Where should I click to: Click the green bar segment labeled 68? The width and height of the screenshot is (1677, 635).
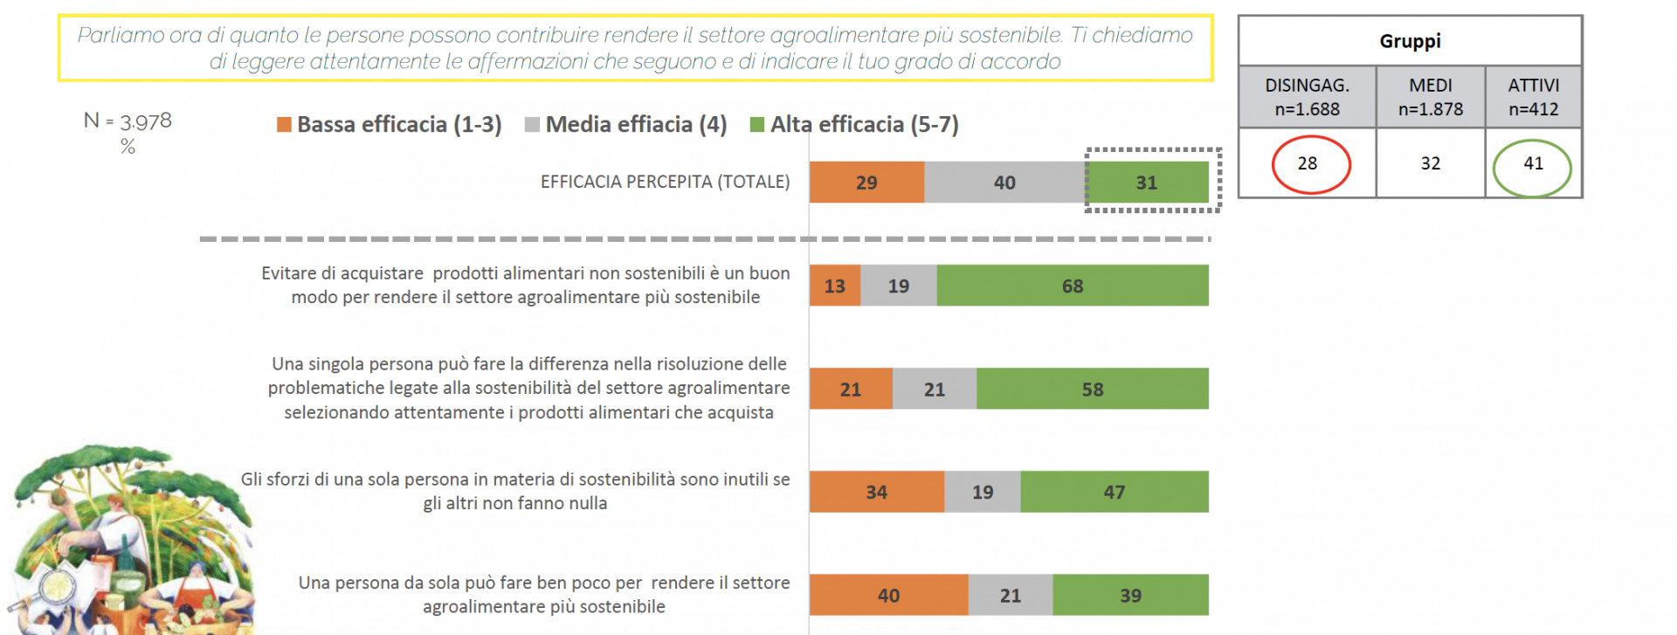[1073, 286]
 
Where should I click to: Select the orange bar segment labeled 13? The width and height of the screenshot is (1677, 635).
[835, 286]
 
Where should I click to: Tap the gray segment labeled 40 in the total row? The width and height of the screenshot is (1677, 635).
[1004, 183]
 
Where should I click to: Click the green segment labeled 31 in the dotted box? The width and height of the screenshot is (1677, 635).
[1147, 183]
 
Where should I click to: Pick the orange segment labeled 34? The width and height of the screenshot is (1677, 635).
[876, 492]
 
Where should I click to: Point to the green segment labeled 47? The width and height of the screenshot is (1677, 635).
[1115, 492]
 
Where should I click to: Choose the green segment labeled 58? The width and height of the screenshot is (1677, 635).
[1093, 389]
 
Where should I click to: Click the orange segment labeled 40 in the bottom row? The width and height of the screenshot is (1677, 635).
[888, 595]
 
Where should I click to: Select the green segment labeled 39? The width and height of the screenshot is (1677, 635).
[1130, 595]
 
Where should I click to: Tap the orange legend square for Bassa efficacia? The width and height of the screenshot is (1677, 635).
[284, 125]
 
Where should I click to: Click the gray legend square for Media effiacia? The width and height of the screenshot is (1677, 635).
[532, 125]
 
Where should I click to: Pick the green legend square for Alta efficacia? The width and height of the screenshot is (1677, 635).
[757, 125]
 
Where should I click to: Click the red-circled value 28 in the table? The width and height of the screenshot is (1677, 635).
[1308, 163]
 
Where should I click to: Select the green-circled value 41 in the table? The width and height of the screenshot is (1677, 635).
[1533, 163]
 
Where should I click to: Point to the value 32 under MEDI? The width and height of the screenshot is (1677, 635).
[1430, 163]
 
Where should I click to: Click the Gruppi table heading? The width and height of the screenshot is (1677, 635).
[1410, 41]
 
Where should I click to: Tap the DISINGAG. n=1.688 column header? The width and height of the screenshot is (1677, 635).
[1308, 97]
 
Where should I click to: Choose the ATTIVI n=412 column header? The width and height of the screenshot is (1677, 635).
[1533, 97]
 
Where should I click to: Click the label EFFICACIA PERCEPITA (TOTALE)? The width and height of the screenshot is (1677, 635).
[665, 182]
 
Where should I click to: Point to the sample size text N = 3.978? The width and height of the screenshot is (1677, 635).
[128, 121]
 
